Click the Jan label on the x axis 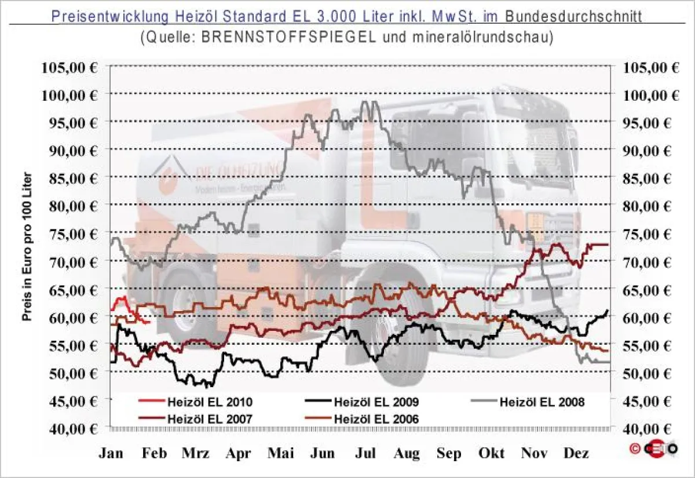[111, 454]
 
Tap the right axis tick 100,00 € [651, 94]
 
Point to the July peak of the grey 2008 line [365, 103]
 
